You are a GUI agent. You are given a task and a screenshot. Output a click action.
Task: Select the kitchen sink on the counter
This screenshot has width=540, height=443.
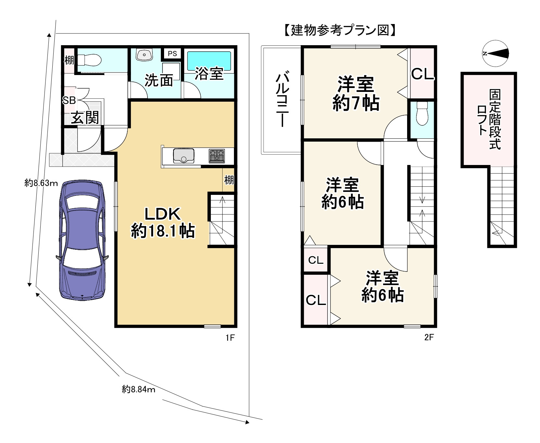pyautogui.click(x=184, y=156)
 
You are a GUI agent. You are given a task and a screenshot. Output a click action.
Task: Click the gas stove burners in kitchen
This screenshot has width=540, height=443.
pyautogui.click(x=216, y=156)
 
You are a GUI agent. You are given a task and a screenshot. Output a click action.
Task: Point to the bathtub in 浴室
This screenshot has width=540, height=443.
pyautogui.click(x=209, y=61)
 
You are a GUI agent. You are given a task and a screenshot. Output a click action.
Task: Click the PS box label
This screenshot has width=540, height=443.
pyautogui.click(x=172, y=54)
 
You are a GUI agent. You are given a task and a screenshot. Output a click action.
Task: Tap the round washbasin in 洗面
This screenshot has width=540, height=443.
pyautogui.click(x=144, y=55)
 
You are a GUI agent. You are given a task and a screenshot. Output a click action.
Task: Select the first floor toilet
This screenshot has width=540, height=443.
pyautogui.click(x=89, y=60)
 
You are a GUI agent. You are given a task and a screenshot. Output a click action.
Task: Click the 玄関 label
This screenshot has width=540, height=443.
pyautogui.click(x=85, y=117)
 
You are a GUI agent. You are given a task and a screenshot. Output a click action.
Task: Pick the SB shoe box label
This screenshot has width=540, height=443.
pyautogui.click(x=69, y=101)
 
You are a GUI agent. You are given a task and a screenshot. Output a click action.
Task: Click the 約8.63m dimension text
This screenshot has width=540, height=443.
pyautogui.click(x=41, y=183)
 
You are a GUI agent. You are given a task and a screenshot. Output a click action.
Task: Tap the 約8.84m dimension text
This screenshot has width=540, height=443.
pyautogui.click(x=138, y=389)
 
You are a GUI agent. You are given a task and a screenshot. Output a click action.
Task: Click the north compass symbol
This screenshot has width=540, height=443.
pyautogui.click(x=495, y=54)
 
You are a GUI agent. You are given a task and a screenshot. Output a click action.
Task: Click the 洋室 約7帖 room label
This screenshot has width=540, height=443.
pyautogui.click(x=355, y=94)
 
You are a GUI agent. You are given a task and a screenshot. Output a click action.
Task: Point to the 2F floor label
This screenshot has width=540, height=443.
pyautogui.click(x=429, y=337)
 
